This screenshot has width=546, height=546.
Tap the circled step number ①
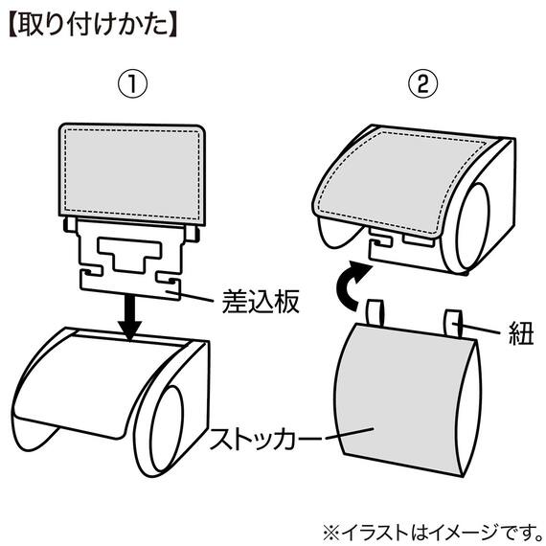(135, 83)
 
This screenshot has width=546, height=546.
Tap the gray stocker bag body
(402, 402)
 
